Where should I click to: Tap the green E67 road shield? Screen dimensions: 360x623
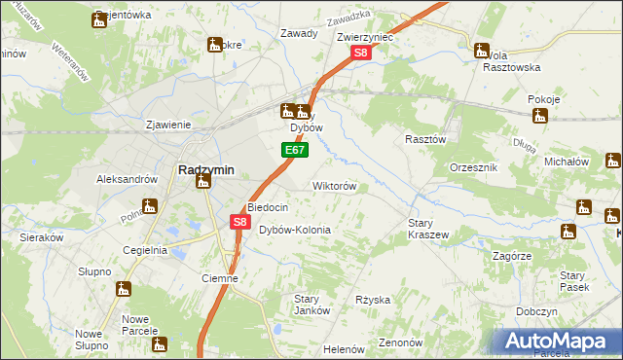coord(296,151)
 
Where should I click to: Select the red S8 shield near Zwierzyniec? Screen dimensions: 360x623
coord(359,55)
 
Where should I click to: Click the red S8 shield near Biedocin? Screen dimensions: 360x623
coord(239,222)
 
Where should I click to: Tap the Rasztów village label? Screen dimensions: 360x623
coord(425,139)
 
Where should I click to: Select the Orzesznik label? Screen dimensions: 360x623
coord(474,167)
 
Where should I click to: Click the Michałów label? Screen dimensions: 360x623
coord(568,161)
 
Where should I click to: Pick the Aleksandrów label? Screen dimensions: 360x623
coord(127,179)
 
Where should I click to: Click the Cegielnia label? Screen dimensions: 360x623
coord(145,250)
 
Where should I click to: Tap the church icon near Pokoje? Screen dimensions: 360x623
coord(540,117)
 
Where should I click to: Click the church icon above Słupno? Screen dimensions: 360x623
coord(123,289)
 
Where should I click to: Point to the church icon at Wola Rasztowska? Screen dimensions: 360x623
coord(482,51)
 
